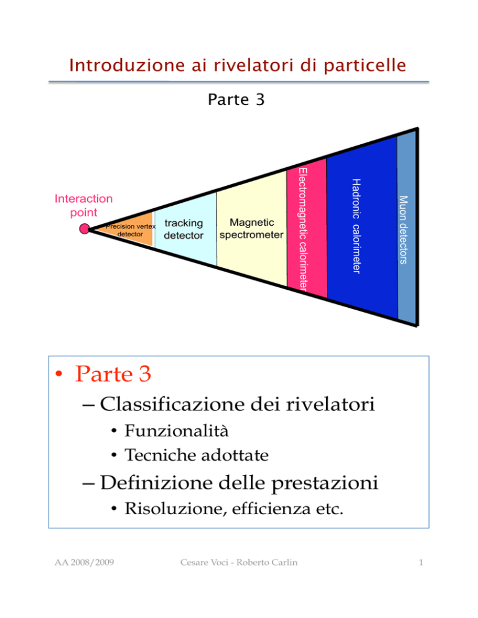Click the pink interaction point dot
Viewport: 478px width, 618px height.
click(85, 229)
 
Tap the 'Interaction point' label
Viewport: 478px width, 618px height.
click(83, 205)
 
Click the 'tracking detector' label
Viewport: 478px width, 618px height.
click(184, 229)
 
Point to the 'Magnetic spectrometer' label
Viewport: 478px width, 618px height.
click(251, 229)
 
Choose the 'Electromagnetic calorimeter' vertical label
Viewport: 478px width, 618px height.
click(302, 229)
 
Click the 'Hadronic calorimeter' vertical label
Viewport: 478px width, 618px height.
click(356, 226)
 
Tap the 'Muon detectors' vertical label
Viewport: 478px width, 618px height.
click(403, 230)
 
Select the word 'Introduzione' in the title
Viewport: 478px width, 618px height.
click(127, 65)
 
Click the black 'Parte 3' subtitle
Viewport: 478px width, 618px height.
click(236, 99)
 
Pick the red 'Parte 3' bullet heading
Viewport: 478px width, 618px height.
click(113, 374)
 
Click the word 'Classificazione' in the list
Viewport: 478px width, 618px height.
click(172, 404)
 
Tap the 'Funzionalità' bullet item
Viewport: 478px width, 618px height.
click(176, 430)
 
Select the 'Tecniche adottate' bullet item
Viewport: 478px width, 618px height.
click(197, 455)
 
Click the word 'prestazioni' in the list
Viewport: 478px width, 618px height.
click(325, 483)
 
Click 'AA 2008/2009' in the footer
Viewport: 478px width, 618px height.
click(84, 563)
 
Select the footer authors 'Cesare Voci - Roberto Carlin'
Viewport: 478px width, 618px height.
click(239, 563)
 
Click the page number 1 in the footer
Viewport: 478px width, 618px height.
click(421, 563)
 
